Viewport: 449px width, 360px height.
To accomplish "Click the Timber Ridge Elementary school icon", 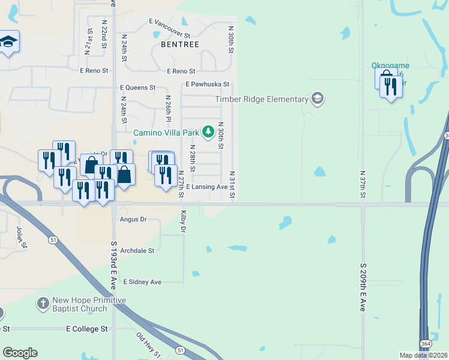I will pos(318,99).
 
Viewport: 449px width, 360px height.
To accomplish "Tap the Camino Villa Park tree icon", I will pos(208,131).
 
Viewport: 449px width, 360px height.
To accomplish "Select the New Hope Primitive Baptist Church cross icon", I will pos(43,303).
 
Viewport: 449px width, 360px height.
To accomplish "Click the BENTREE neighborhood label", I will pos(180,44).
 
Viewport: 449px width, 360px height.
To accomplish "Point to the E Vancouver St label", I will pos(169,24).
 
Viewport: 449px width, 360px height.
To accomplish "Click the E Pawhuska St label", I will pos(208,85).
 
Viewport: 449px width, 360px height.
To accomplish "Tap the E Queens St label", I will pos(137,88).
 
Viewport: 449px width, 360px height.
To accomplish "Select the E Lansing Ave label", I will pos(206,187).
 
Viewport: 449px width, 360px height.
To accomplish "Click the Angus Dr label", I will pos(133,220).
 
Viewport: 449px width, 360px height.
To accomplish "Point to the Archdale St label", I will pos(137,250).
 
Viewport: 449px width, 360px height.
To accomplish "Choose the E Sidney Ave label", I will pos(142,281).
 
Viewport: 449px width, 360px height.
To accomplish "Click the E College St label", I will pos(87,329).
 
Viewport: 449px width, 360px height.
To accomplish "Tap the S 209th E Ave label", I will pos(363,287).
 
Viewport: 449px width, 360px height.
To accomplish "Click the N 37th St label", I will pos(363,184).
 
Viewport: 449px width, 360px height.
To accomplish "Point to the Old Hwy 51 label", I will pos(147,344).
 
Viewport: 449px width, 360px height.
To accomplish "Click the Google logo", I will pos(20,352).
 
